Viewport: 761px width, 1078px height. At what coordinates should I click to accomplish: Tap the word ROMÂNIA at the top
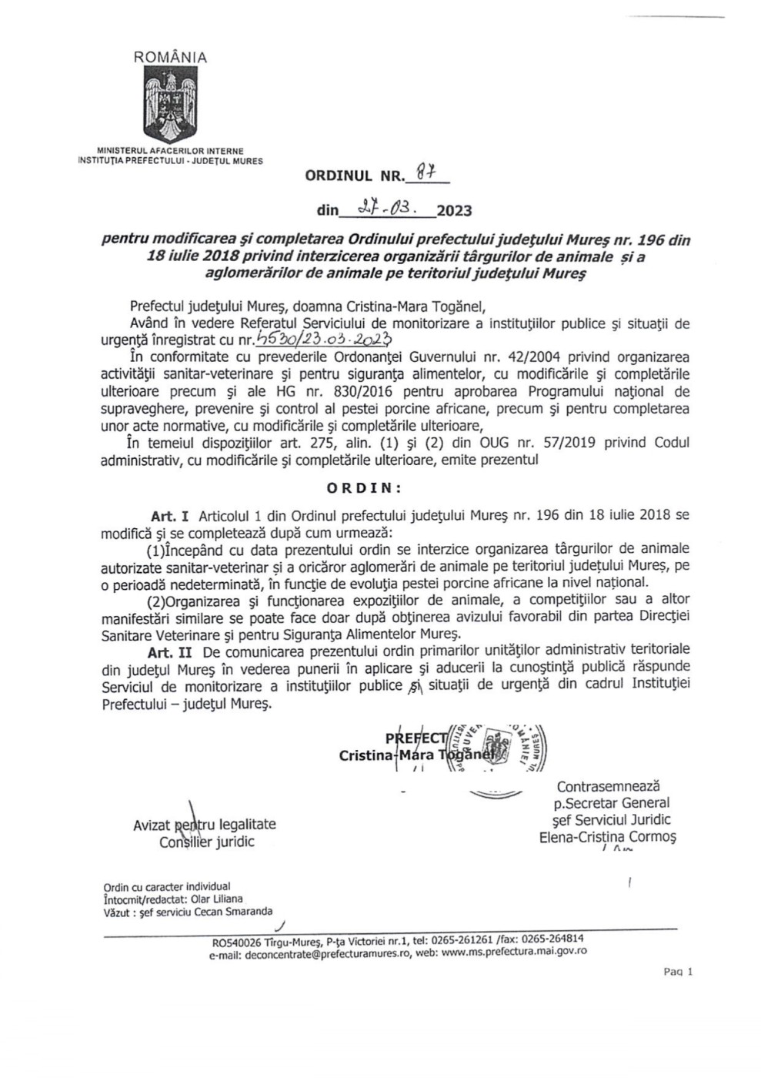click(170, 57)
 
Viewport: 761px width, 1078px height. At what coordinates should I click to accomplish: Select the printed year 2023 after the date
click(454, 210)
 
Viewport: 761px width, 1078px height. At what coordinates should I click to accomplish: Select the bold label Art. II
click(172, 651)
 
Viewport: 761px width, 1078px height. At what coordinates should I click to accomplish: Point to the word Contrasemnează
click(609, 786)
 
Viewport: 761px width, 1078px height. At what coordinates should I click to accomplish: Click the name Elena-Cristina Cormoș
click(607, 837)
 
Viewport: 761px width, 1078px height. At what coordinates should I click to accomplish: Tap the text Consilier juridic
click(207, 842)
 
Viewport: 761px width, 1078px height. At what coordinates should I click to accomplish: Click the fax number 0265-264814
click(552, 939)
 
